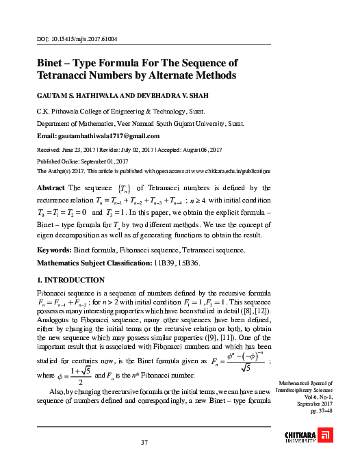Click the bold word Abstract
(x=51, y=187)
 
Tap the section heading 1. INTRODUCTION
(x=71, y=280)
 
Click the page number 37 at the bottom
(x=144, y=442)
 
